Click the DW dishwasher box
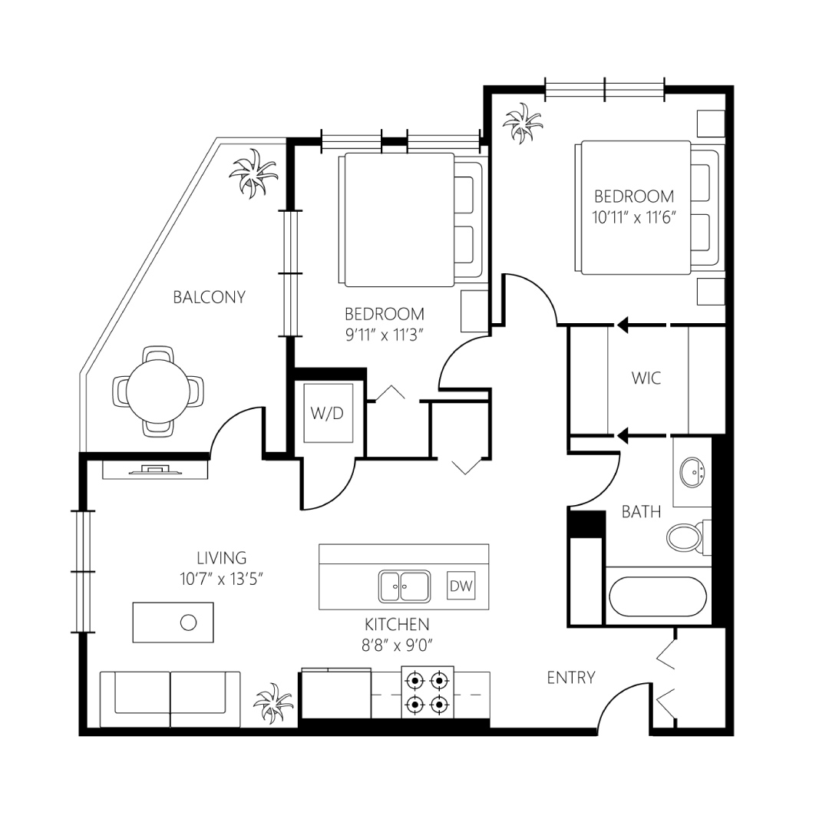pos(461,585)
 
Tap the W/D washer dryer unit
pos(328,412)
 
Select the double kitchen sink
pos(405,586)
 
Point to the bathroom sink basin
pos(692,471)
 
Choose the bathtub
pos(658,596)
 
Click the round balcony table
pos(158,391)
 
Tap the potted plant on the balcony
pos(253,173)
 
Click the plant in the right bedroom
pos(523,123)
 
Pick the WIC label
pos(646,378)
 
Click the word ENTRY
pos(571,677)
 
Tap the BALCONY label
pos(210,297)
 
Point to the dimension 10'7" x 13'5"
pos(222,579)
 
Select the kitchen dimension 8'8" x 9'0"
pos(397,646)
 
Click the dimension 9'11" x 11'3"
pos(385,335)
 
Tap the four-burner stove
pos(428,692)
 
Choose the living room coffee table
pos(173,623)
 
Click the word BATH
pos(641,512)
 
